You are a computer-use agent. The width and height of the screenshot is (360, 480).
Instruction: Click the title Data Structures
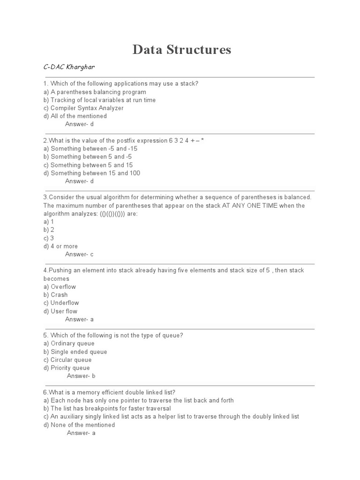click(181, 50)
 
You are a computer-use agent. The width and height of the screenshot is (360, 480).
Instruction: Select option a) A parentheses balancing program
click(94, 92)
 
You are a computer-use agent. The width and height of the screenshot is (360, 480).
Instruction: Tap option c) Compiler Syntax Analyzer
click(83, 108)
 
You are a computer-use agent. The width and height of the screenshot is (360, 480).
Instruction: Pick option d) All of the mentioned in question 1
click(75, 116)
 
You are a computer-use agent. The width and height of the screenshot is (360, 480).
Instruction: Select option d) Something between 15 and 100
click(91, 173)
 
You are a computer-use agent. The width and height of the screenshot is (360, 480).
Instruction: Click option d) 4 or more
click(60, 246)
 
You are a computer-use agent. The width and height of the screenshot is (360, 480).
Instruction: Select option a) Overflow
click(60, 286)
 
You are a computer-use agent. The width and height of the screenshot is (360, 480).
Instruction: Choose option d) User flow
click(60, 311)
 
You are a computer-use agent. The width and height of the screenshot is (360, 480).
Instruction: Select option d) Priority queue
click(66, 368)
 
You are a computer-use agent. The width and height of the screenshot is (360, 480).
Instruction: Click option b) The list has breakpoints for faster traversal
click(107, 408)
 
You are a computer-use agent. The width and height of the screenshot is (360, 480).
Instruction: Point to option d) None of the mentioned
click(79, 425)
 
